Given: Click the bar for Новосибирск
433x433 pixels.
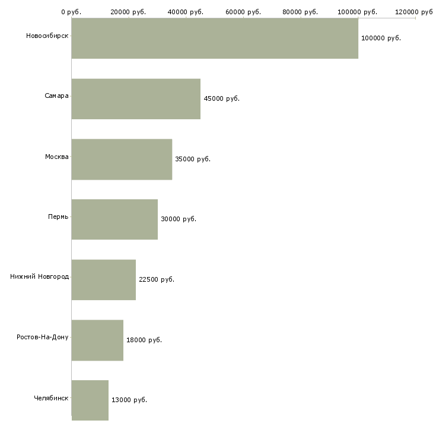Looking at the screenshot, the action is click(215, 39).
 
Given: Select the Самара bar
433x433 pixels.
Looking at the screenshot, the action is click(136, 99).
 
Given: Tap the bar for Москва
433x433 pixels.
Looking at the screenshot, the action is click(122, 160).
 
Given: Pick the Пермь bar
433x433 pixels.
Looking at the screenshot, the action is click(114, 219).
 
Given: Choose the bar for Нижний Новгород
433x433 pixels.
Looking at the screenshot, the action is click(104, 280).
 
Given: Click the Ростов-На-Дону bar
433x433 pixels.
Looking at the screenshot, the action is click(97, 340).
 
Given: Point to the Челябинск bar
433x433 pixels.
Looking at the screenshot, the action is click(90, 400).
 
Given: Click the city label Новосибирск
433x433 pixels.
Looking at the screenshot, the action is click(47, 36).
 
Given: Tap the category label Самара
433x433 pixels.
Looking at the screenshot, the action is click(56, 96).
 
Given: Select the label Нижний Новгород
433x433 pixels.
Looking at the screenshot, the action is click(40, 276).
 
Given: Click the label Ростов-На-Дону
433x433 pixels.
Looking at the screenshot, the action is click(43, 337).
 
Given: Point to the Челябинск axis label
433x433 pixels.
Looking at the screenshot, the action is click(51, 398).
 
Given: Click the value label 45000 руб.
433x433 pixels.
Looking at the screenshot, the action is click(221, 98).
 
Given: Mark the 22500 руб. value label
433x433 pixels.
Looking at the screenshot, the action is click(157, 279).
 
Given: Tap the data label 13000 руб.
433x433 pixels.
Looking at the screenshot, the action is click(129, 400).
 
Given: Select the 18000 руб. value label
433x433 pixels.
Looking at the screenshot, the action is click(144, 340).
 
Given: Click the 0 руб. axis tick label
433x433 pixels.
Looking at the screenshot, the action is click(71, 12).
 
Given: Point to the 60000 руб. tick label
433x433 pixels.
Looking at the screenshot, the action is click(243, 12).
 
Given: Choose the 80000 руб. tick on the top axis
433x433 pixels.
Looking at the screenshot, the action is click(300, 12).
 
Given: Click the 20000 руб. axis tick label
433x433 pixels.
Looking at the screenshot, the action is click(128, 12).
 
